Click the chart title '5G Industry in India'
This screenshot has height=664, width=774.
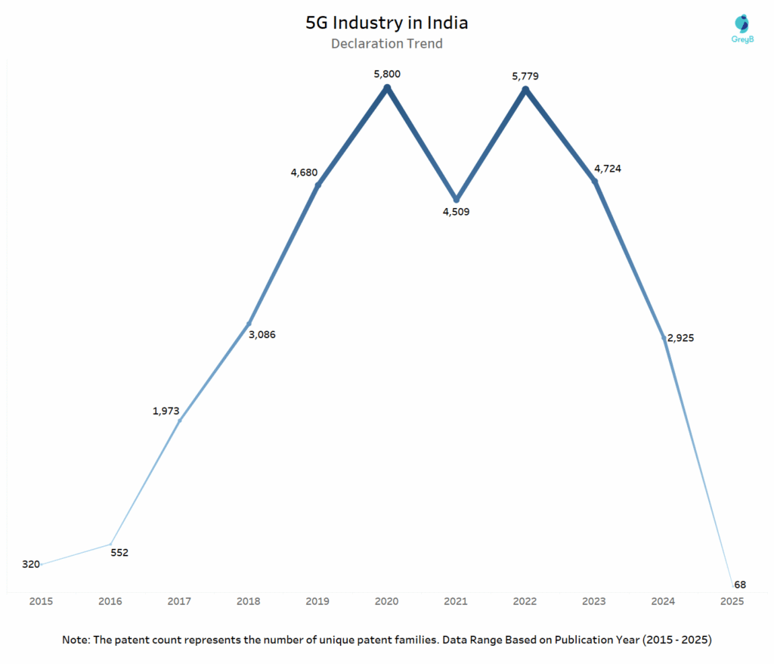tap(386, 23)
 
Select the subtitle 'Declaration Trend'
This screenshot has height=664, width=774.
tap(386, 44)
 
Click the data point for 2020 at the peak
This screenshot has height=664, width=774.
tap(387, 88)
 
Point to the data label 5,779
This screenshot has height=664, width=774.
tap(525, 76)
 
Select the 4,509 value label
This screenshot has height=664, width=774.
tap(456, 212)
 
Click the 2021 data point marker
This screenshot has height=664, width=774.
tap(456, 200)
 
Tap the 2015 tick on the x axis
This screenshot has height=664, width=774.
tap(41, 601)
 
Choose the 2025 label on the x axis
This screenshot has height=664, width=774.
tap(732, 601)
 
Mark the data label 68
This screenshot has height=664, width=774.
tap(740, 585)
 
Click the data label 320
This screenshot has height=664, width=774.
tap(31, 564)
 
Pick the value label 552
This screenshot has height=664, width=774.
tap(119, 552)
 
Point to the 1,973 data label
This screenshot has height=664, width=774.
tap(166, 411)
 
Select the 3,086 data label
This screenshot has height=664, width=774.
tap(262, 334)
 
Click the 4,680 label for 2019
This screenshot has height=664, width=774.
tap(304, 172)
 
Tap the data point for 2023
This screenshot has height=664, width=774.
tap(594, 182)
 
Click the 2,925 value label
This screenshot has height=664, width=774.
tap(680, 338)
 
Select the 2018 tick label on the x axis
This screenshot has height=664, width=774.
tap(249, 601)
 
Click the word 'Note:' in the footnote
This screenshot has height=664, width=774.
tap(77, 640)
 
